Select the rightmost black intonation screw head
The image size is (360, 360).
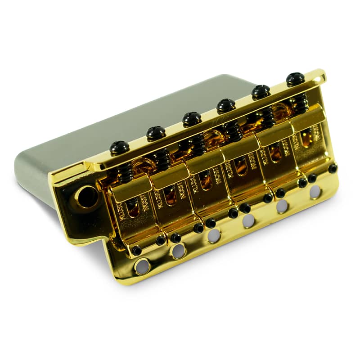(294, 79)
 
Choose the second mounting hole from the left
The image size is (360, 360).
(179, 251)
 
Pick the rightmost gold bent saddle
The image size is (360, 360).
(310, 135)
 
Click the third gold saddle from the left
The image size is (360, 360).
(205, 175)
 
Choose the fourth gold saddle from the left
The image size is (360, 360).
(241, 162)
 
